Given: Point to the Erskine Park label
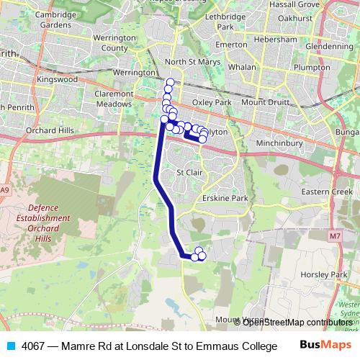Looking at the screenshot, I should (225, 198).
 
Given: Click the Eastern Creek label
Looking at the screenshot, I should (327, 192).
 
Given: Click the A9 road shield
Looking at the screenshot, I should (6, 190).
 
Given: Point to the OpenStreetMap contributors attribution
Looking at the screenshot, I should (297, 323).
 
